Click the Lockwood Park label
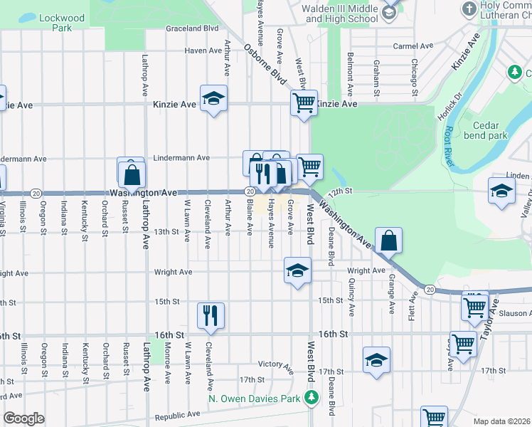[62, 23]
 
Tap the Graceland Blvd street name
[192, 29]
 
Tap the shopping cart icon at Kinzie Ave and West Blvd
[304, 102]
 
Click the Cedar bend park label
[486, 129]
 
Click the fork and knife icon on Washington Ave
[262, 174]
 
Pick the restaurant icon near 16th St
[211, 315]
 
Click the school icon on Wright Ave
[298, 270]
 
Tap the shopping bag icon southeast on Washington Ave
[390, 241]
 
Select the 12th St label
[341, 191]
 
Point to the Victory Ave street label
[276, 365]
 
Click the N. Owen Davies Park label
[254, 399]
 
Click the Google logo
[23, 418]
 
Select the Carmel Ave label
[413, 46]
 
